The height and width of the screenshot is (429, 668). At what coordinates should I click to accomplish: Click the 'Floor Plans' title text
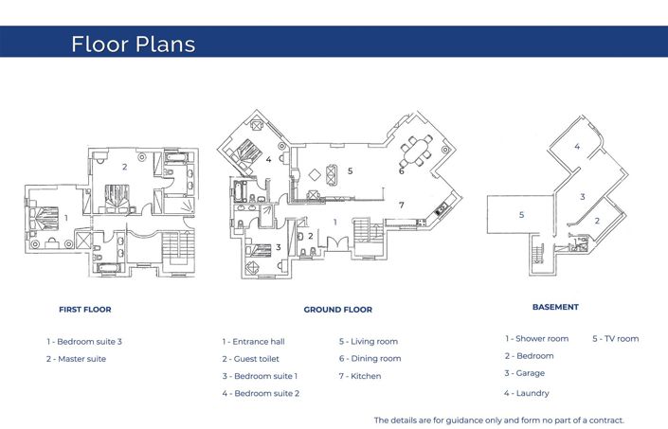(133, 45)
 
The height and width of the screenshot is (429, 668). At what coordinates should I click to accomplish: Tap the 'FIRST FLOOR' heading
(84, 310)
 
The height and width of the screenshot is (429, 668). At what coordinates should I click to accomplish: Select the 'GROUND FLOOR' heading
(337, 310)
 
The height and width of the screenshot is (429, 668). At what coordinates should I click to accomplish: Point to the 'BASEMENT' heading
(555, 307)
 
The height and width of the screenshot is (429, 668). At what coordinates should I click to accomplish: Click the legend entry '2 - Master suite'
(76, 359)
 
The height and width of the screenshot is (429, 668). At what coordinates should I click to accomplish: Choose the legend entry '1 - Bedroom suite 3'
(84, 341)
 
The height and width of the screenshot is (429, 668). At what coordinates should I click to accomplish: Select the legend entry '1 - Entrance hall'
(253, 341)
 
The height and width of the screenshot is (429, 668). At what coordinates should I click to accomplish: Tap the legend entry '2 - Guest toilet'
(252, 359)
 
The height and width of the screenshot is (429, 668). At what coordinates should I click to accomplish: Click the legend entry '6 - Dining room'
(370, 359)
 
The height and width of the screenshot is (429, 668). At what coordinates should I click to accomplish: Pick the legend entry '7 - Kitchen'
(360, 376)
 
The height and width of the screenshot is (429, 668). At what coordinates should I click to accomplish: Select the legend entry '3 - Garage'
(524, 373)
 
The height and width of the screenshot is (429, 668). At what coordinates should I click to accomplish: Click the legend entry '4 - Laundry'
(526, 393)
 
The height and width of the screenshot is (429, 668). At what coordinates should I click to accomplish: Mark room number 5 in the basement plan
(521, 215)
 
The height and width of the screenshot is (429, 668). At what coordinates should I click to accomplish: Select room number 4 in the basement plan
(577, 147)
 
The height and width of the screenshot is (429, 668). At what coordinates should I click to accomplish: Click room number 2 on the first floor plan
(124, 167)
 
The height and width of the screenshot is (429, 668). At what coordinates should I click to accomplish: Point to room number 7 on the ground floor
(401, 205)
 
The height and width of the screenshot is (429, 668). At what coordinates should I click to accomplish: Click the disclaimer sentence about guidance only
(499, 420)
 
